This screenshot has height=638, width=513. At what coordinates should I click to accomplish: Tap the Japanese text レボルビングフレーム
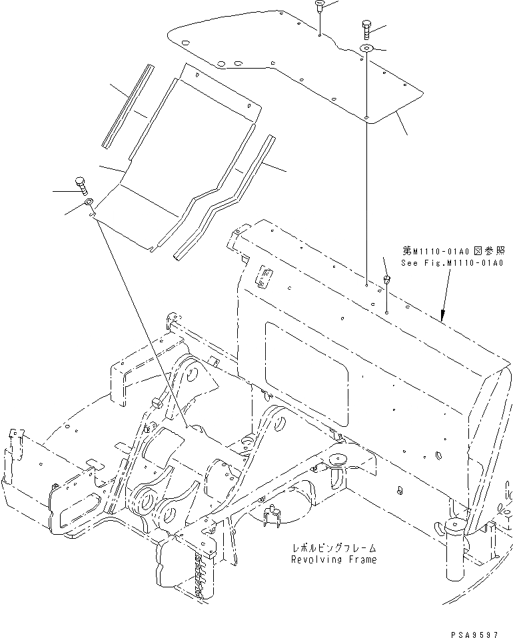click(333, 547)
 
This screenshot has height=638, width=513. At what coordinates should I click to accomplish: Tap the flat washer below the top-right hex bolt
click(367, 48)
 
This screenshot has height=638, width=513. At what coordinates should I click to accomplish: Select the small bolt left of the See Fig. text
click(386, 279)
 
